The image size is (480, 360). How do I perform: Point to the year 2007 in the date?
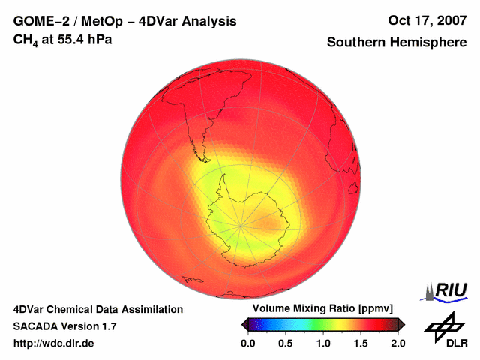pyautogui.click(x=449, y=21)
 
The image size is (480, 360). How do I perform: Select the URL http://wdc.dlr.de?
pyautogui.click(x=55, y=343)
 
